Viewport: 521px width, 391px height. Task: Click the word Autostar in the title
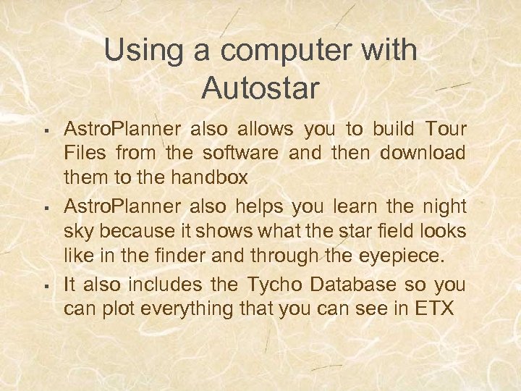[x=260, y=88]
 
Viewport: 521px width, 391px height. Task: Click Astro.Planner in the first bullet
[x=122, y=130]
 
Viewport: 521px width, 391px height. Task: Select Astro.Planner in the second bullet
[x=122, y=207]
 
